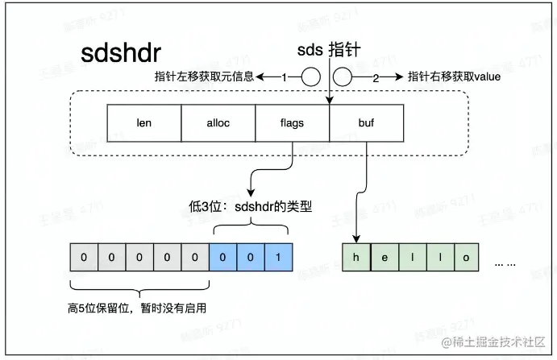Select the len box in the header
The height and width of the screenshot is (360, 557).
pos(144,125)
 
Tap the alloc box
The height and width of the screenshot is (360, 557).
pos(218,125)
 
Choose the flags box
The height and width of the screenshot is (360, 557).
pos(293,125)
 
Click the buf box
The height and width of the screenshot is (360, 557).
pos(366,125)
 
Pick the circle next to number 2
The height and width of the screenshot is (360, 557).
pos(343,77)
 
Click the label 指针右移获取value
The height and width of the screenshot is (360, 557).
pos(454,77)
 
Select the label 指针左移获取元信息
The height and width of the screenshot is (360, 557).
pos(205,77)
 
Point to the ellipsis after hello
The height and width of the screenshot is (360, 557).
pos(505,264)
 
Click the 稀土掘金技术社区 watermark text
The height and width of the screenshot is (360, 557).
pos(500,343)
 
